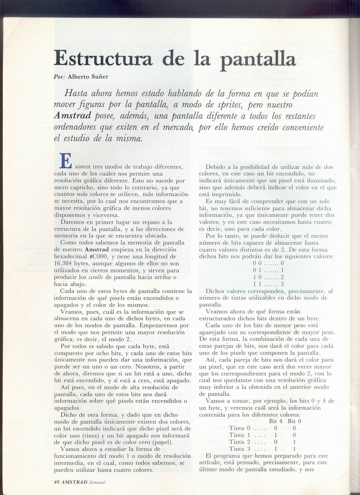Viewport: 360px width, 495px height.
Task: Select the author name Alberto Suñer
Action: coord(88,77)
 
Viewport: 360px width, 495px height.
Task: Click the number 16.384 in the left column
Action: coord(65,264)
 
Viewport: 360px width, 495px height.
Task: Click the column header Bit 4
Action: coord(276,421)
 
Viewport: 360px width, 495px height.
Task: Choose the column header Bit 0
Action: coord(294,421)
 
